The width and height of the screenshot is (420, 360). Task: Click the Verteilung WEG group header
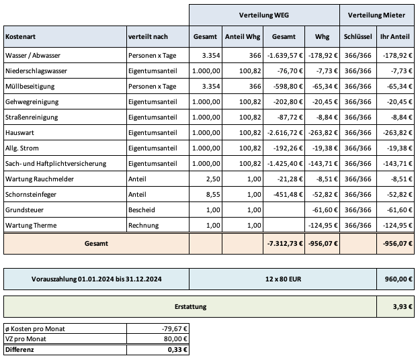[x=264, y=14]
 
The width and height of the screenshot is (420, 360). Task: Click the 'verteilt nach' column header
[x=148, y=36]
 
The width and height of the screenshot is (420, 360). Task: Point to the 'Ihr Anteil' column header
[x=395, y=36]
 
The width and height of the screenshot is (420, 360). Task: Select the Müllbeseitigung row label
[x=32, y=86]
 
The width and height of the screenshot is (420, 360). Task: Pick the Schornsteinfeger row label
[x=32, y=194]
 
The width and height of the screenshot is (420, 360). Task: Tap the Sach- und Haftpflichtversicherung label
[x=61, y=163]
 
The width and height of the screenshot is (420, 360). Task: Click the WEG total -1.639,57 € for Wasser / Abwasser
[x=284, y=55]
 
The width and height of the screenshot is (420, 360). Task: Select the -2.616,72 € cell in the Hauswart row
[x=284, y=132]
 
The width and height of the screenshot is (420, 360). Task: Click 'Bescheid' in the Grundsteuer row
[x=142, y=210]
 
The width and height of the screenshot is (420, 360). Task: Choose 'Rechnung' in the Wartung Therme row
[x=143, y=225]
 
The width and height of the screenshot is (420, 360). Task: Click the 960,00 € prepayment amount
[x=397, y=278]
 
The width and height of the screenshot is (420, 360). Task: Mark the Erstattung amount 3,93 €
[x=402, y=306]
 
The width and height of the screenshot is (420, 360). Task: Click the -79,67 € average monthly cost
[x=175, y=329]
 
